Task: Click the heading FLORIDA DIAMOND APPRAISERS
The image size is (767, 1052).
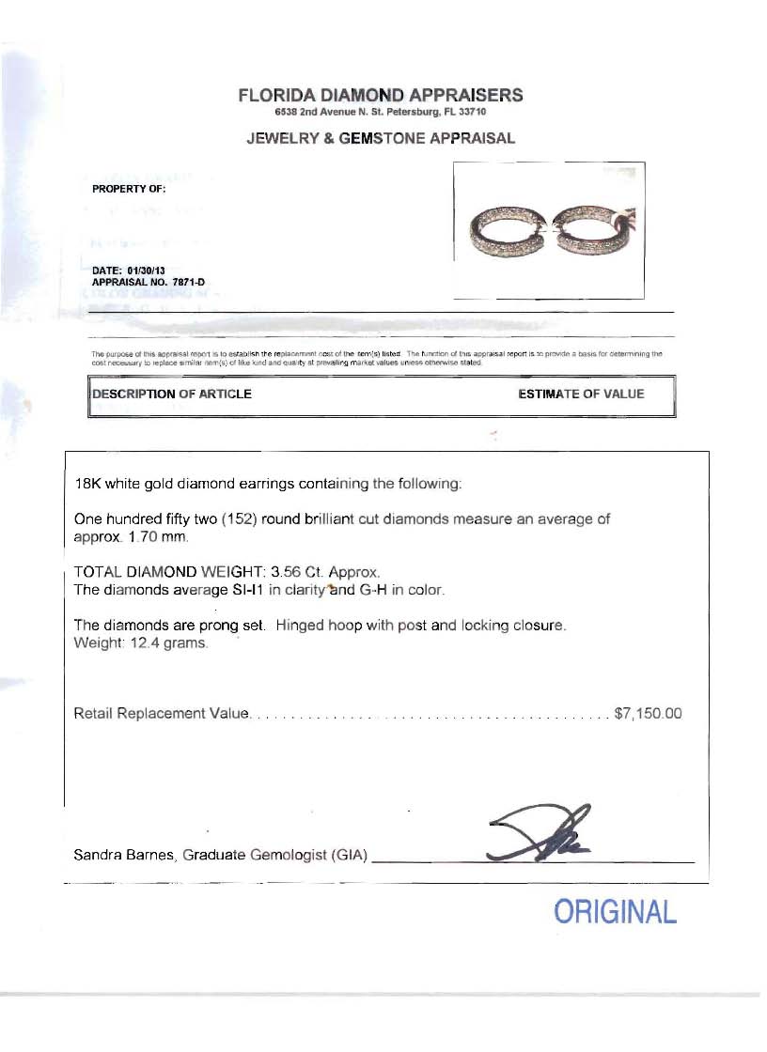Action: coord(381,95)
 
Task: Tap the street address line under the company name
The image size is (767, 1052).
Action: coord(380,112)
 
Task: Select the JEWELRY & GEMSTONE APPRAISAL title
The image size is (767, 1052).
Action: coord(381,138)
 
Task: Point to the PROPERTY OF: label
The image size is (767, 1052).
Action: coord(129,189)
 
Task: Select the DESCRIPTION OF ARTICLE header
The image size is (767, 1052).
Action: coord(171,394)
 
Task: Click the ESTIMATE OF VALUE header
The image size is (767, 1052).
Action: coord(581,394)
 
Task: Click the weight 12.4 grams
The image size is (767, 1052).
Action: coord(163,643)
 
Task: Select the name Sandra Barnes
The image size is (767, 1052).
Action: coord(123,855)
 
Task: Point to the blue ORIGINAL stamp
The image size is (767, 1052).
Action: coord(615,912)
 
